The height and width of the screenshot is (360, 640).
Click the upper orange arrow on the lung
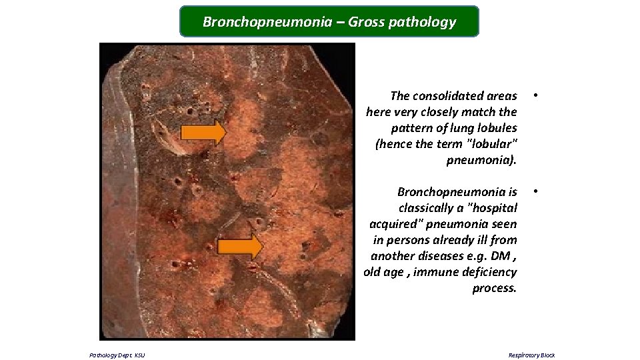pos(203,133)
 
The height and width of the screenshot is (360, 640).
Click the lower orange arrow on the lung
pos(240,247)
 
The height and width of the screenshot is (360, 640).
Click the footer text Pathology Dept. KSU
pos(117,355)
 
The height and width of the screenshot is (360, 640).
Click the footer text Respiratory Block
pos(531,355)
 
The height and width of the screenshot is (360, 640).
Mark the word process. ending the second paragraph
pos(494,288)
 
